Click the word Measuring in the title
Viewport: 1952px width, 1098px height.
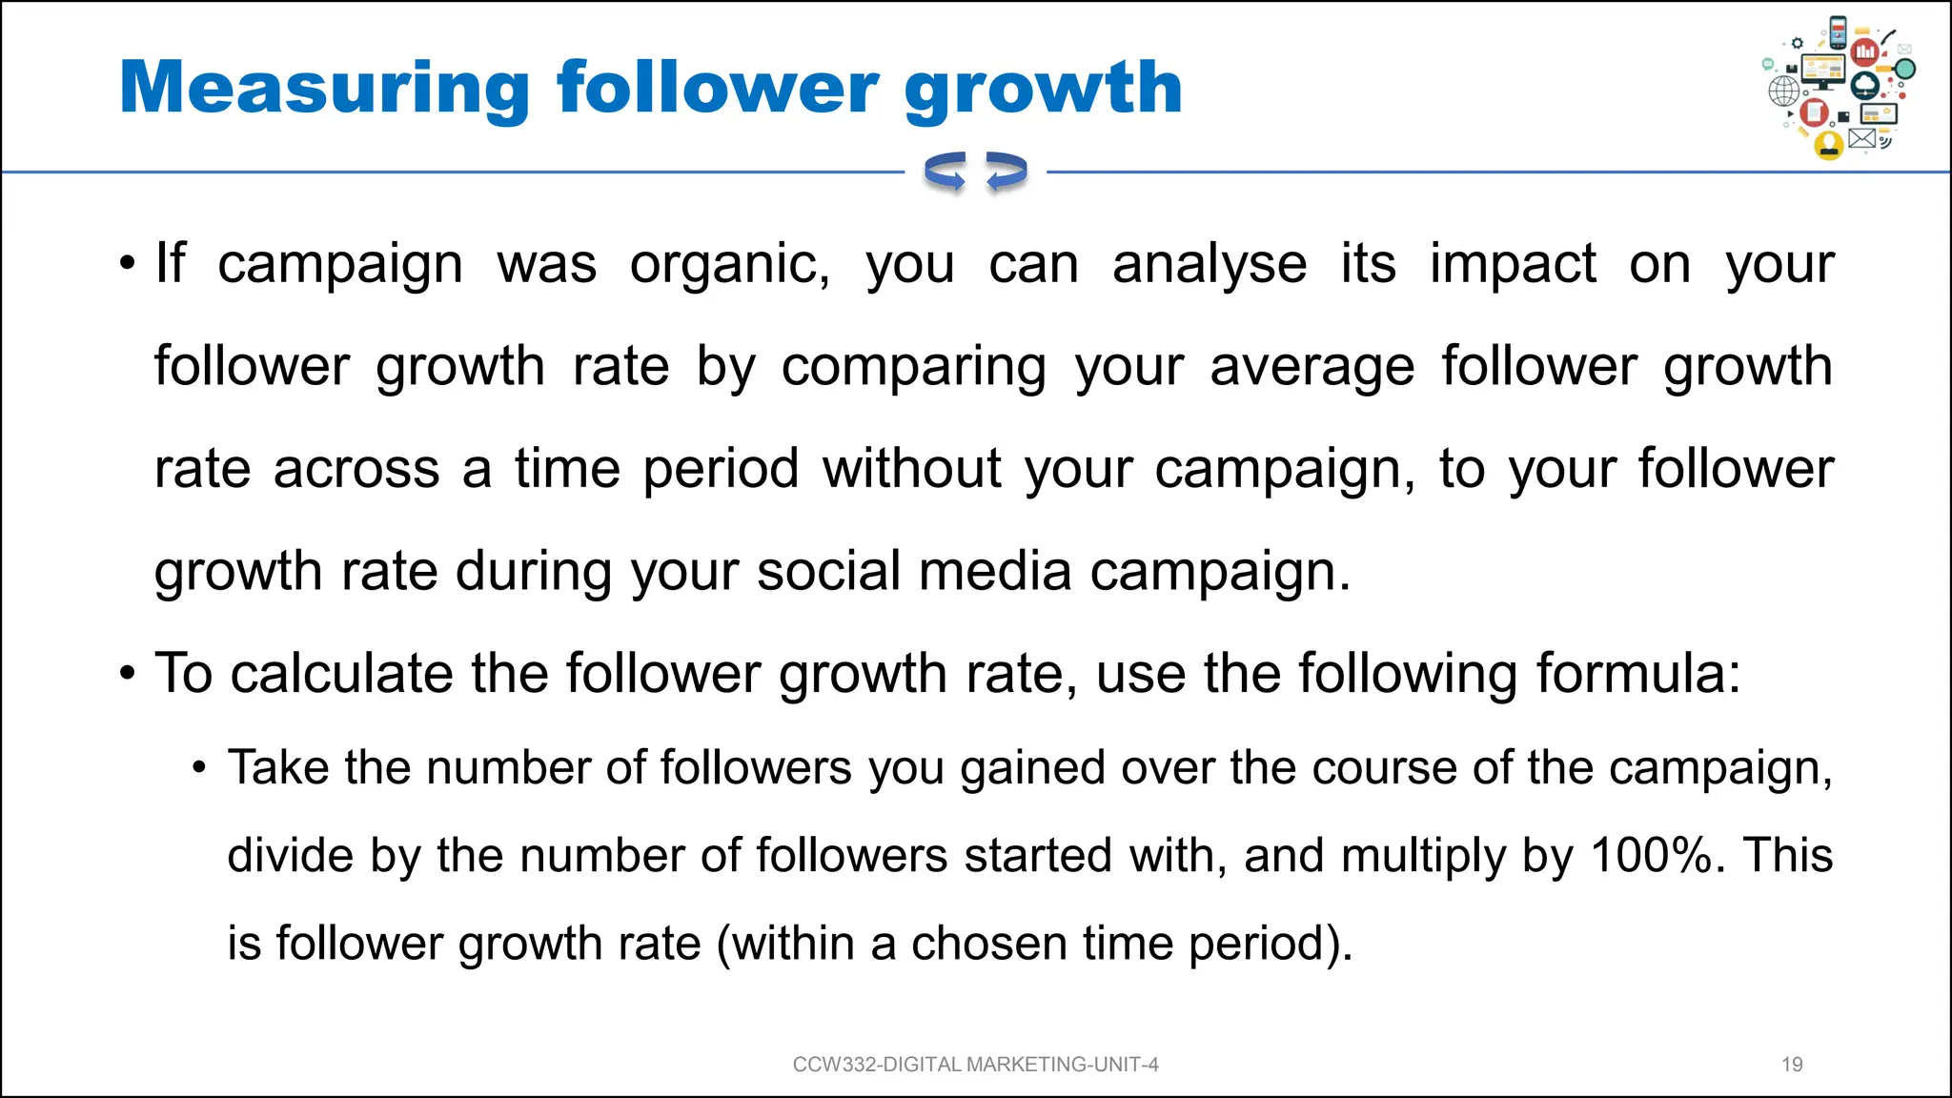[x=324, y=89]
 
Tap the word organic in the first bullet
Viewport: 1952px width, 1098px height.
[x=729, y=264]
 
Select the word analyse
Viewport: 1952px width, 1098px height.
[x=1210, y=264]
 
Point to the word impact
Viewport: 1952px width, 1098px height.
[x=1513, y=264]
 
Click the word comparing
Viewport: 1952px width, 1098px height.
[x=914, y=367]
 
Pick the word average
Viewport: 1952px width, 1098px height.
[x=1312, y=367]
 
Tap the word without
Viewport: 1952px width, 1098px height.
[x=912, y=469]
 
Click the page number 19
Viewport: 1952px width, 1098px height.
[x=1792, y=1065]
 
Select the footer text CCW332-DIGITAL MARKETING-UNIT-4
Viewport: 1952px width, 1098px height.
[x=975, y=1065]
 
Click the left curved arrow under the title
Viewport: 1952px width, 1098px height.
[x=945, y=173]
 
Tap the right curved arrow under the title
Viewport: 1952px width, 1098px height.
[x=1006, y=173]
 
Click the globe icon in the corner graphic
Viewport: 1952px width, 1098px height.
[x=1784, y=91]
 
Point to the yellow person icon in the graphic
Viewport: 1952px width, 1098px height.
[x=1828, y=145]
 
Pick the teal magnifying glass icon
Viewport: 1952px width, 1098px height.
[x=1904, y=70]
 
